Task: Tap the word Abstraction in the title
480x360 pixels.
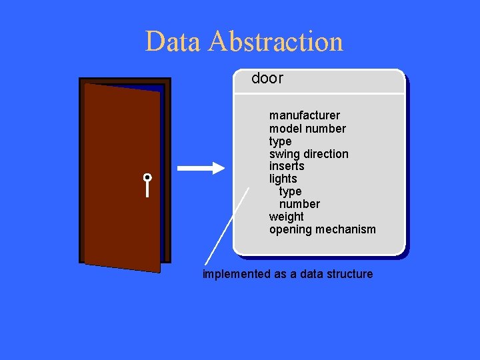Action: click(275, 41)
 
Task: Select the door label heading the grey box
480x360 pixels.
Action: click(267, 79)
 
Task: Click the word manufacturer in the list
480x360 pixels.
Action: click(304, 115)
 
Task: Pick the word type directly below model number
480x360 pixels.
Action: click(280, 141)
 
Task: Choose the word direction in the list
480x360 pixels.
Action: click(326, 154)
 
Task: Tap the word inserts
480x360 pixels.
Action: click(287, 166)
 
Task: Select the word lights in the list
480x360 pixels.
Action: click(283, 179)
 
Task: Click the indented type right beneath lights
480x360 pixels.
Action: click(290, 191)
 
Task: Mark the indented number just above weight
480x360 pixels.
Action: click(299, 204)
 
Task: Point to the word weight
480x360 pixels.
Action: click(286, 217)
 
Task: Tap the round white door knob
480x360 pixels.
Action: click(147, 178)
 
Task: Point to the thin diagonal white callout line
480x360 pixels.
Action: click(226, 227)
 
